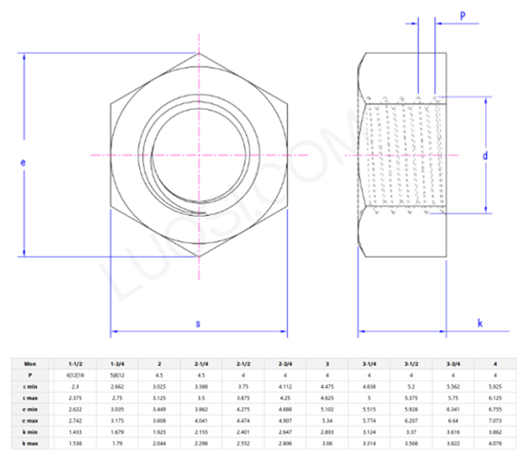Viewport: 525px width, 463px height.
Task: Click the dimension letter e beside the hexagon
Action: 24,161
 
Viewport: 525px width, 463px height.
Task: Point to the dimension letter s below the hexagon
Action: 199,324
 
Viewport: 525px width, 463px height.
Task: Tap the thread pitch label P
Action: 463,16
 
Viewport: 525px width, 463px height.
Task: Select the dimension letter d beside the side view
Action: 485,155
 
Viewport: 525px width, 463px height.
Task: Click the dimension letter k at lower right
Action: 480,323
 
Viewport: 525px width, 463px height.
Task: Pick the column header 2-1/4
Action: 201,363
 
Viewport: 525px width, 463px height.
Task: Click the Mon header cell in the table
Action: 31,363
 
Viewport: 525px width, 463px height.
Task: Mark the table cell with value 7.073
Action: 495,422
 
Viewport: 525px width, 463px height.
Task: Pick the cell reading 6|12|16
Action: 75,375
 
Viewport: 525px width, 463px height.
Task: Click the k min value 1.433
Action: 75,433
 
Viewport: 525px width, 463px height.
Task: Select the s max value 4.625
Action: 327,399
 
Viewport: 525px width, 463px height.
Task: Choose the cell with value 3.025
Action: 159,387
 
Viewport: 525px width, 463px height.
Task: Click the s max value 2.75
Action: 117,399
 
